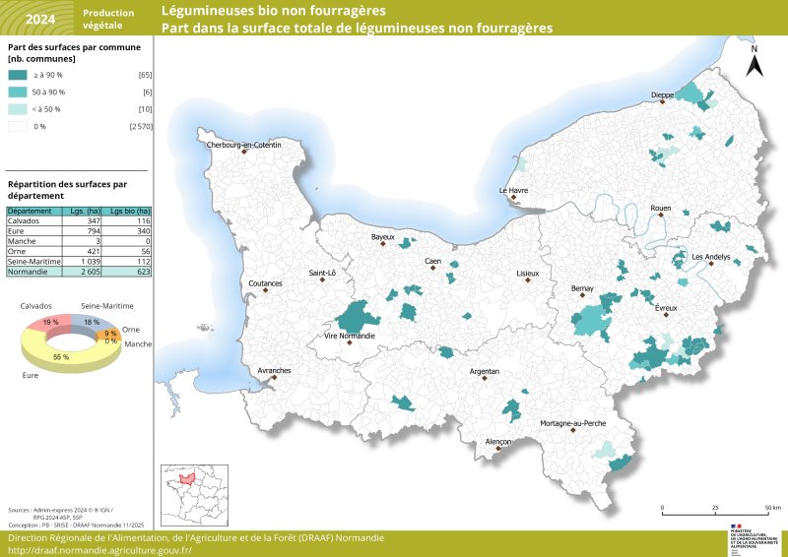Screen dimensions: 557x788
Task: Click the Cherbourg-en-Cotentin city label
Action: click(243, 145)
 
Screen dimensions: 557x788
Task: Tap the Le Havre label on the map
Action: click(513, 190)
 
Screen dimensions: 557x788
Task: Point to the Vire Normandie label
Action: click(352, 337)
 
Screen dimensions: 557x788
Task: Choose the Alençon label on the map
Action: click(498, 443)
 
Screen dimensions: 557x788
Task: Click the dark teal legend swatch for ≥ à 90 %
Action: click(18, 75)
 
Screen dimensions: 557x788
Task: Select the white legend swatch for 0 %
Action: click(18, 126)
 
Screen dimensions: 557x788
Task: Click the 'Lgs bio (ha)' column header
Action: click(130, 211)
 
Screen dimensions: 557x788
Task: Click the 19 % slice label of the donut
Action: click(50, 322)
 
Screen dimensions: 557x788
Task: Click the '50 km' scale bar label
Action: click(773, 508)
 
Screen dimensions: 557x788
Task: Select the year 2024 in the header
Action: click(40, 19)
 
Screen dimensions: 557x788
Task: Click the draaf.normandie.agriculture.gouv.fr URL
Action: click(99, 550)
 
